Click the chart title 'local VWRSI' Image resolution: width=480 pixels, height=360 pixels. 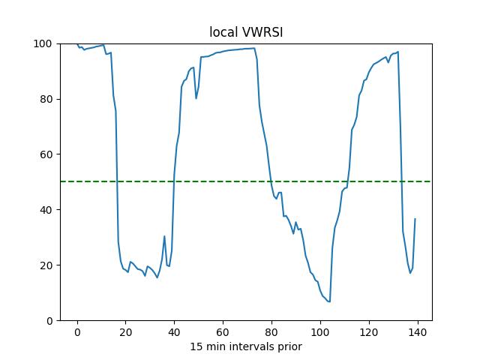pos(245,33)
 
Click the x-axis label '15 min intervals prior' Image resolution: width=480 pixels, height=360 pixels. pos(245,346)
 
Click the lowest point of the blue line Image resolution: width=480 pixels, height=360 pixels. pos(330,301)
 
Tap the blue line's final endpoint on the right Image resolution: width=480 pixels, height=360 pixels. pos(415,219)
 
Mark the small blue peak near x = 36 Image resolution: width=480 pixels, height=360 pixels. pos(164,236)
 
